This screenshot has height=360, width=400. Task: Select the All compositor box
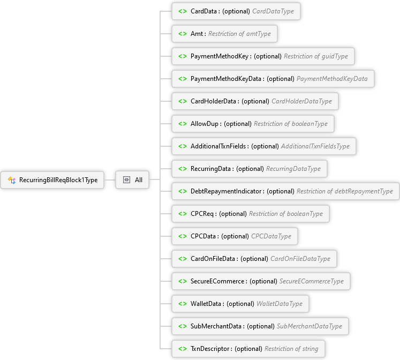tap(133, 180)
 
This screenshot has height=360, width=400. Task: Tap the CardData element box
tap(236, 11)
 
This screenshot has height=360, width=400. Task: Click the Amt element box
tap(224, 34)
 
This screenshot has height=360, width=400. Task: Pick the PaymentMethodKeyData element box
tap(273, 79)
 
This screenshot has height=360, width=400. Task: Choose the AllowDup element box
tap(253, 124)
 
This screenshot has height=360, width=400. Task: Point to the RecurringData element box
tap(250, 169)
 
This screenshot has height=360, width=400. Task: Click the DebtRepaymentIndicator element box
tap(285, 191)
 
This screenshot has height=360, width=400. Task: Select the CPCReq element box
tap(251, 214)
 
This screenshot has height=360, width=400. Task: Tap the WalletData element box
tap(240, 304)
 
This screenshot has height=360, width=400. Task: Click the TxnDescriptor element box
tap(248, 349)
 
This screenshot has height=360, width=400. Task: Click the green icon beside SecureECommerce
tap(183, 281)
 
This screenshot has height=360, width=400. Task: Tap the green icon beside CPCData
tap(183, 236)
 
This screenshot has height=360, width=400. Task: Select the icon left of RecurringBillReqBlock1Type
tap(11, 180)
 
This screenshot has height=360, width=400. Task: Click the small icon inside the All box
tap(126, 180)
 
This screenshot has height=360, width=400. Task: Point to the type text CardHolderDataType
tap(301, 101)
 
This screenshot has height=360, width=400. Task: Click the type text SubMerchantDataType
tap(309, 326)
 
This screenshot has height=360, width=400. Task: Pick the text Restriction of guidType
tap(316, 56)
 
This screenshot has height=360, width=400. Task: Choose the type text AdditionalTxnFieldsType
tap(315, 146)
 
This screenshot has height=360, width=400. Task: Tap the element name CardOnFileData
tap(214, 259)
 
